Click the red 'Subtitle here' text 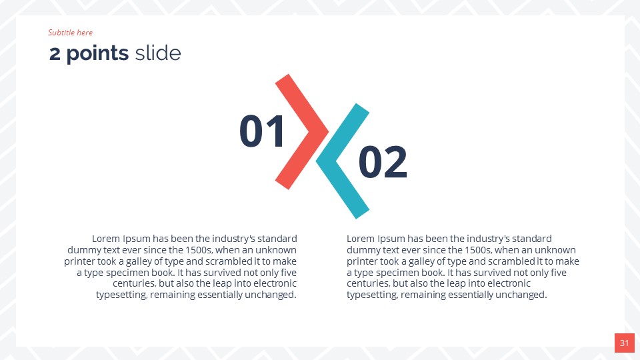70,33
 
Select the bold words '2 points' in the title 89,53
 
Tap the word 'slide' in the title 157,53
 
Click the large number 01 262,131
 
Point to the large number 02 383,162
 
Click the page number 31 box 624,343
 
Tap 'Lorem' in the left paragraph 105,239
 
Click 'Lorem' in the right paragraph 361,239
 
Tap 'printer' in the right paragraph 363,261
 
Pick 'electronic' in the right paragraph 507,284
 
